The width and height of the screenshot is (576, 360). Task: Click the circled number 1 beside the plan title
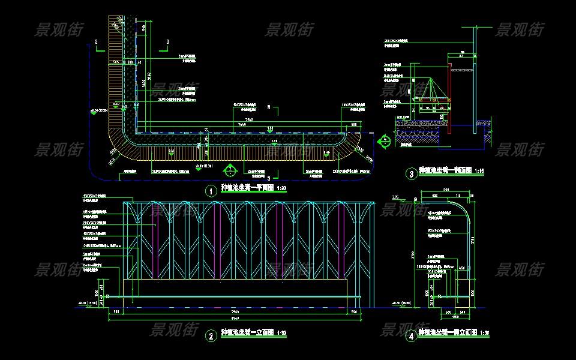tap(211, 191)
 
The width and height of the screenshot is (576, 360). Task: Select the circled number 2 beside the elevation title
tap(211, 336)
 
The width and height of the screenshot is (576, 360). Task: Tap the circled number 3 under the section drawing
tap(411, 175)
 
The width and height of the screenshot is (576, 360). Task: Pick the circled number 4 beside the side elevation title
tap(411, 336)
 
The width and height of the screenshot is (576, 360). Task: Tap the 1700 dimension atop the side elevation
tap(445, 191)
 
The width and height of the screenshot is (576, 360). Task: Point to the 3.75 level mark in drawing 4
tap(395, 197)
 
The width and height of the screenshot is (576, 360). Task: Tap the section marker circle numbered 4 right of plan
tap(385, 140)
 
